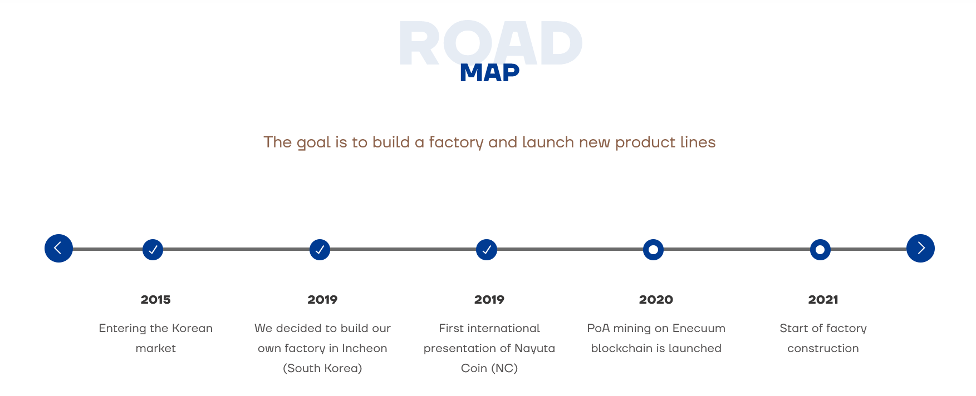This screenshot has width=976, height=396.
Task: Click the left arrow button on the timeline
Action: [58, 248]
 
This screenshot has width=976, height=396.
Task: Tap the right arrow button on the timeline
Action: [920, 248]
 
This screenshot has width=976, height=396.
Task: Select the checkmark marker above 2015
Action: [153, 250]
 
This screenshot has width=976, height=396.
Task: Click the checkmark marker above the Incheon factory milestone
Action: [320, 250]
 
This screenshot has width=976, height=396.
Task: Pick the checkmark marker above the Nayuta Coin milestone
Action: [487, 250]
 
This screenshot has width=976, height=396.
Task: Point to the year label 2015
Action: [156, 300]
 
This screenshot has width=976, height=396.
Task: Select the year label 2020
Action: [656, 300]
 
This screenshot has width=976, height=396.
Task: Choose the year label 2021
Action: [823, 300]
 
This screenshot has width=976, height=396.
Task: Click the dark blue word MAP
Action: [489, 73]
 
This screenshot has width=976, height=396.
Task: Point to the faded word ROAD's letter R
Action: [419, 44]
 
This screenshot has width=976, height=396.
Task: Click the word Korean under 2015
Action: [192, 328]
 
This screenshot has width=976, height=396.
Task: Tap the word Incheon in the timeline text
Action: [364, 348]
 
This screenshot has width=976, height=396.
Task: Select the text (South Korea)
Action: [322, 368]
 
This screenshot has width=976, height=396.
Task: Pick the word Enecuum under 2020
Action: [699, 328]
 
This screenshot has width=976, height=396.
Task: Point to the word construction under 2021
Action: [823, 348]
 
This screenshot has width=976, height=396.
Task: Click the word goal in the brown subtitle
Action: [314, 143]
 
